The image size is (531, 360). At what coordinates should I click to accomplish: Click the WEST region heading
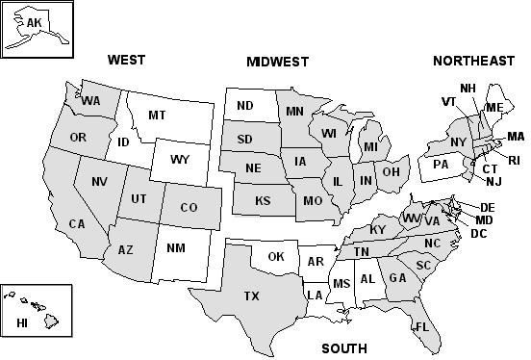tap(126, 60)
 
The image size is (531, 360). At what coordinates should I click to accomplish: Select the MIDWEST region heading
tap(277, 62)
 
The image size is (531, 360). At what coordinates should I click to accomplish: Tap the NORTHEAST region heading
tap(473, 61)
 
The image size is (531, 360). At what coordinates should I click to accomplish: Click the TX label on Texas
tap(251, 296)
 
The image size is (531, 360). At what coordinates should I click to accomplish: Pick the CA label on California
tap(77, 224)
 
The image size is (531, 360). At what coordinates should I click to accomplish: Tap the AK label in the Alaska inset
tap(35, 22)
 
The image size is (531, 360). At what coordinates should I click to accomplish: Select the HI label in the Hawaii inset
tap(20, 324)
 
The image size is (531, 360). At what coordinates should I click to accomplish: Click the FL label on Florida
tap(421, 327)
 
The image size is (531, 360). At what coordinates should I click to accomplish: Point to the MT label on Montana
tap(157, 116)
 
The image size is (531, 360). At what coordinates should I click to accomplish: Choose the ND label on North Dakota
tap(245, 106)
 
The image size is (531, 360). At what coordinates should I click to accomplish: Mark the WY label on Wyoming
tap(180, 159)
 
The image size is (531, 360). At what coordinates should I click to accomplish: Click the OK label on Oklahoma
tap(276, 256)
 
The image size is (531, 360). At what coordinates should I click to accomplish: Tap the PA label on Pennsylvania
tap(442, 164)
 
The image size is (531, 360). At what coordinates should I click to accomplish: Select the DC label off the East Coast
tap(478, 234)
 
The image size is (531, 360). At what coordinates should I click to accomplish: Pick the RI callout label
tap(514, 160)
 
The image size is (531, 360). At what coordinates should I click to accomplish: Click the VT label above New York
tap(449, 101)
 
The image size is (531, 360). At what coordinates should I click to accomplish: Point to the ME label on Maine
tap(495, 107)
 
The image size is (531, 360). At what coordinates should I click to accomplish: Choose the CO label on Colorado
tap(190, 207)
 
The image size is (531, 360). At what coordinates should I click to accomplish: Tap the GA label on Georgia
tap(397, 278)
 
